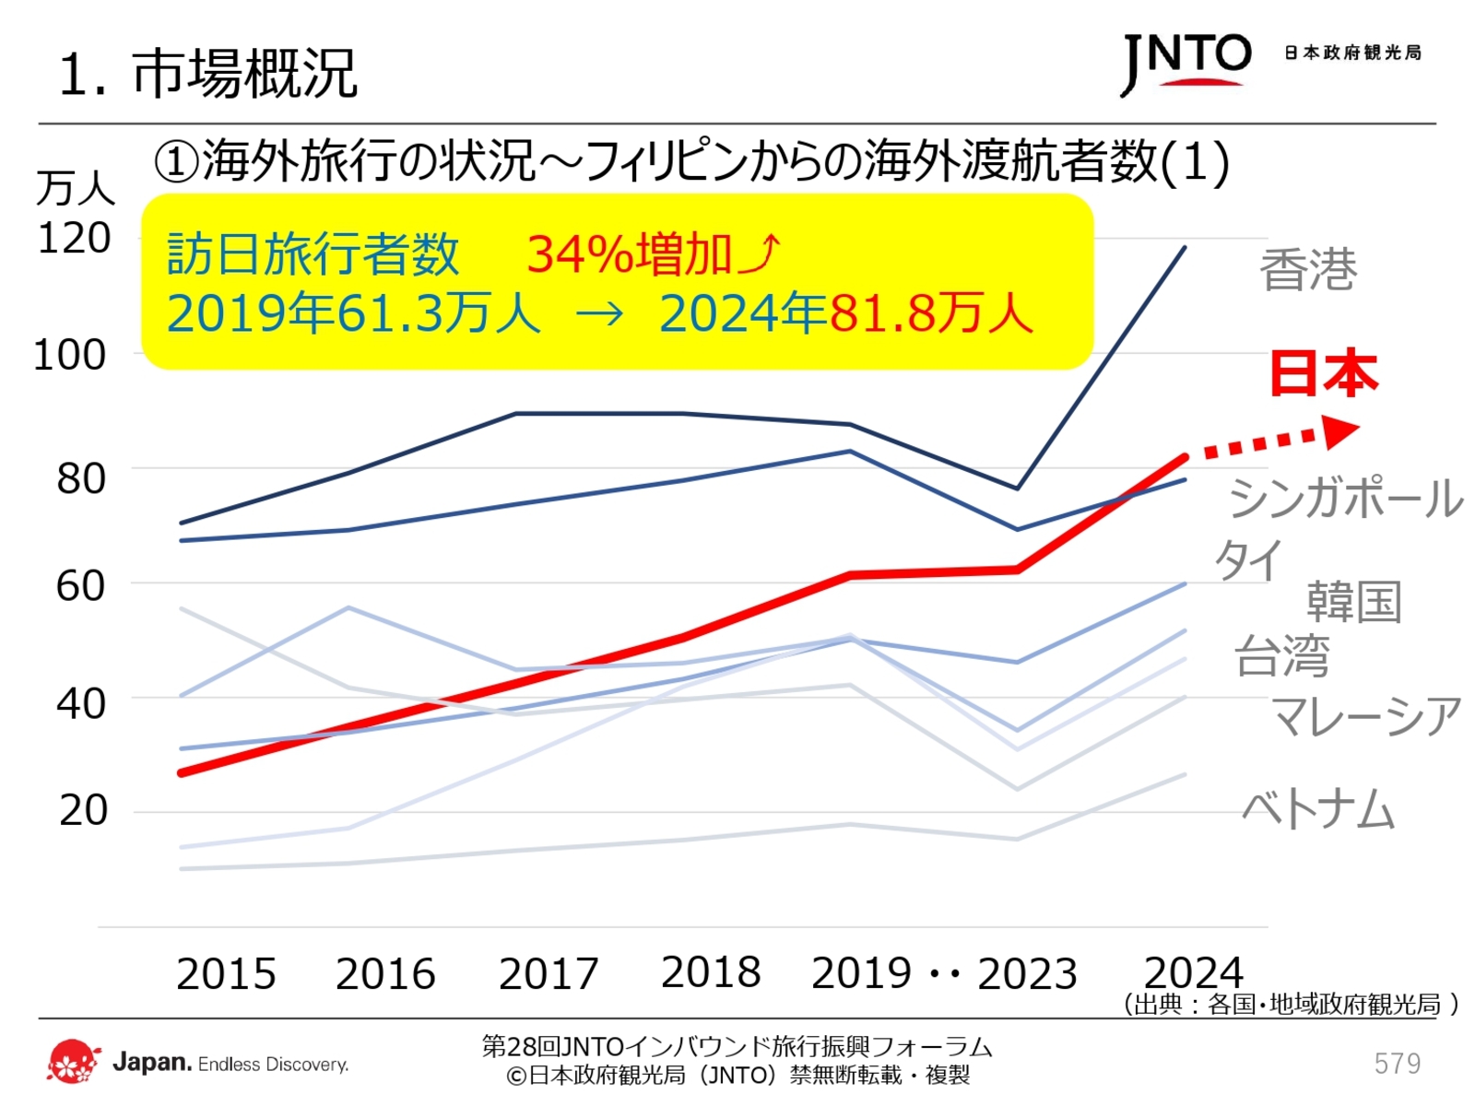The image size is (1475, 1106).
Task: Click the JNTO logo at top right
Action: pos(1186,63)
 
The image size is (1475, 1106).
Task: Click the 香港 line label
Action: pos(1308,270)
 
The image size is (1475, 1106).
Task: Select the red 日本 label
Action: pos(1323,373)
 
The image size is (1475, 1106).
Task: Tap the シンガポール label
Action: pos(1345,499)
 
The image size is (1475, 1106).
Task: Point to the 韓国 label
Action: pos(1353,603)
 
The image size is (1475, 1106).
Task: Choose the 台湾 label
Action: pos(1281,656)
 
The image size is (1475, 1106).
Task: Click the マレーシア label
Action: pos(1366,717)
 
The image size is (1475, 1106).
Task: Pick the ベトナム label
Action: pos(1317,810)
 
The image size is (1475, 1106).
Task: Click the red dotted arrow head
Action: pos(1340,430)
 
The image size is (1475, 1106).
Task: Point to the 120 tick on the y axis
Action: pos(74,239)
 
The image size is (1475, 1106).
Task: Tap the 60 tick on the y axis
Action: pos(80,586)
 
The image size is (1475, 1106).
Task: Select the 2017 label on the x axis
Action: pos(549,974)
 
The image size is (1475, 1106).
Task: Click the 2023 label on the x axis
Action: pos(1027,974)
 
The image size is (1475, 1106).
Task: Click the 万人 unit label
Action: pos(76,189)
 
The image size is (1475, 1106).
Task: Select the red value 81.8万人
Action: pos(931,313)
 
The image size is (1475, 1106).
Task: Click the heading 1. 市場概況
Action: pos(207,74)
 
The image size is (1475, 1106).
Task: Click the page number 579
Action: pos(1397,1064)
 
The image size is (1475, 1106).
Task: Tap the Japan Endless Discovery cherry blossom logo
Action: pos(73,1063)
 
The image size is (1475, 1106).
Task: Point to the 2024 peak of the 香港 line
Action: pos(1185,247)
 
